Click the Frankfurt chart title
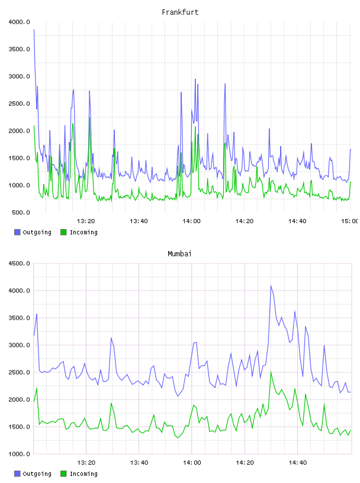pos(180,12)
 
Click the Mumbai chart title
pos(179,254)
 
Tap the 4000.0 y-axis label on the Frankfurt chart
pos(19,22)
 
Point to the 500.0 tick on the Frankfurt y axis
pos(21,212)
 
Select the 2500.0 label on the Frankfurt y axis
pos(19,104)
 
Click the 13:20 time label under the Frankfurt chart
pos(86,221)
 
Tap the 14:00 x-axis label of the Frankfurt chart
pos(191,221)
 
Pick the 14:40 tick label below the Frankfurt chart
pos(297,221)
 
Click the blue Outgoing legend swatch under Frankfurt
pos(17,232)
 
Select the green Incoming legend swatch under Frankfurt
pos(63,232)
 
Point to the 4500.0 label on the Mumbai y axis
pos(19,263)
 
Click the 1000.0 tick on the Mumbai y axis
pos(19,454)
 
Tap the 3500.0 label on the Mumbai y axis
pos(19,318)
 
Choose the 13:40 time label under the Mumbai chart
pos(139,462)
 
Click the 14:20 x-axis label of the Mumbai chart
pos(245,462)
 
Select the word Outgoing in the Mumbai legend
pos(37,474)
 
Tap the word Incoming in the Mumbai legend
pos(83,474)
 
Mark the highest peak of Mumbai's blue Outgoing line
pos(271,285)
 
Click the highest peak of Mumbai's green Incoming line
pos(271,372)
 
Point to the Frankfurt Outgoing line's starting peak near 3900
pos(34,30)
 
